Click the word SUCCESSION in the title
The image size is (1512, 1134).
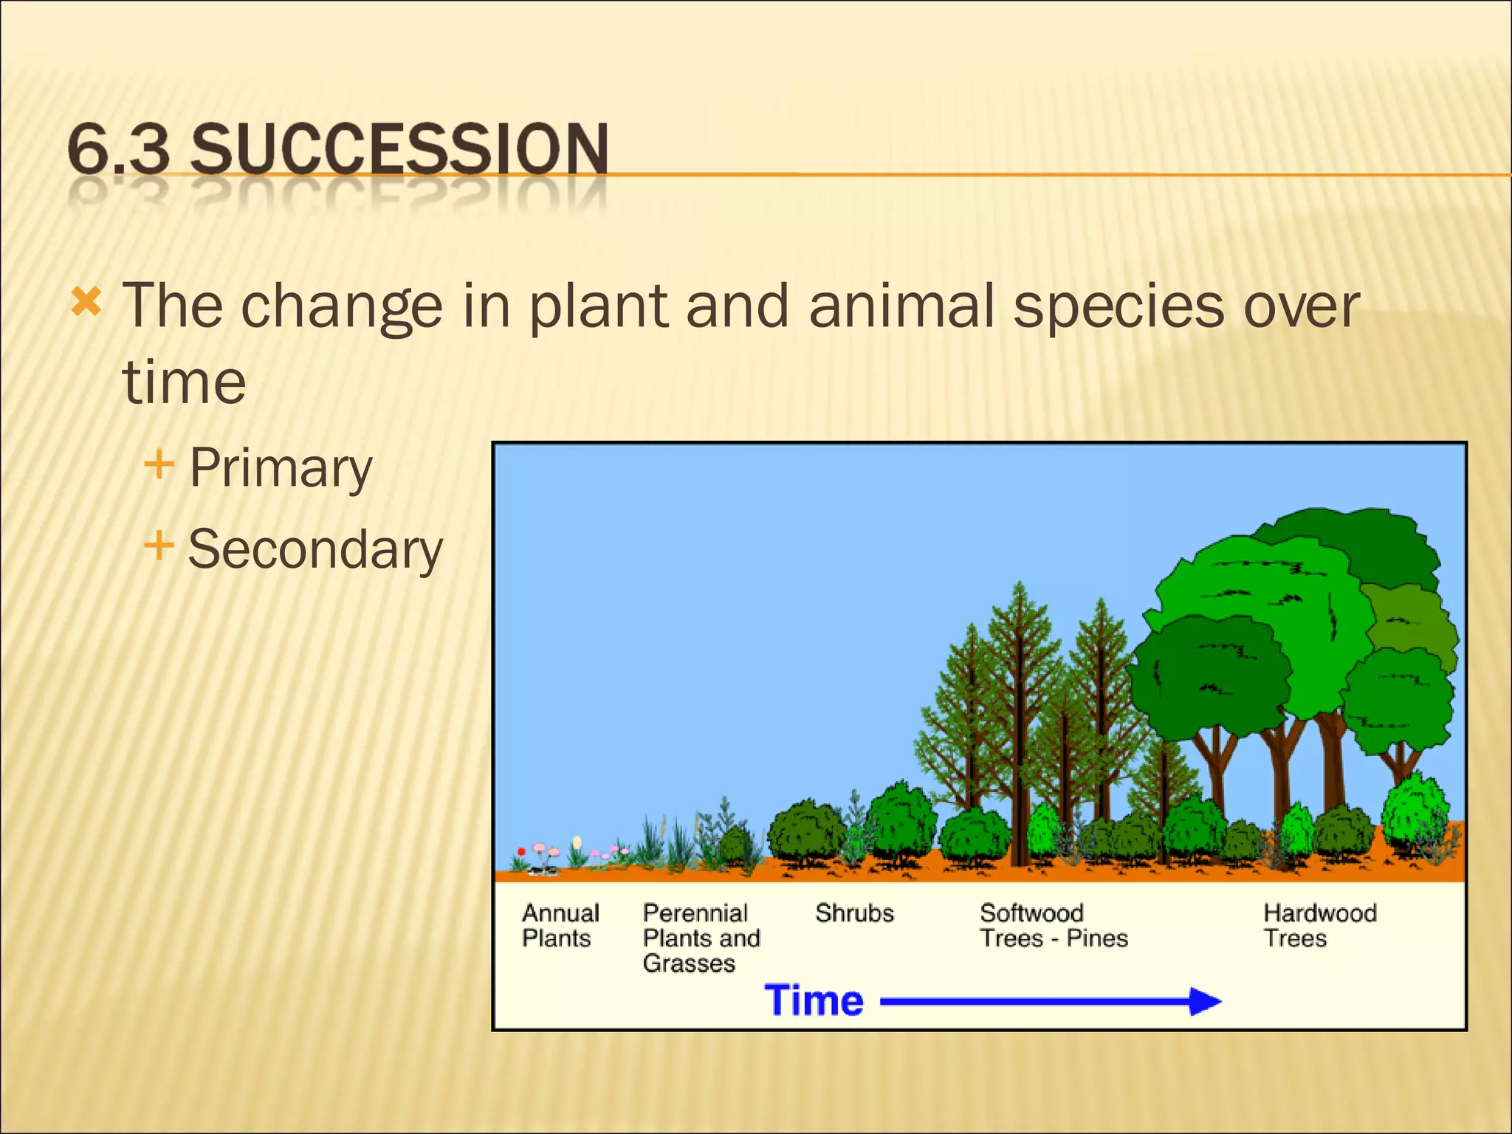399,150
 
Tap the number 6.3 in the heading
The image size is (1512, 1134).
118,150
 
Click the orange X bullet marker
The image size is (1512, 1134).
86,302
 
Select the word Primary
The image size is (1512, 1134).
281,468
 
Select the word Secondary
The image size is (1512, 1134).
315,550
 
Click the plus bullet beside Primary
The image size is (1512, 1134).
159,465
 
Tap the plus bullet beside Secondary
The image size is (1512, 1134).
159,547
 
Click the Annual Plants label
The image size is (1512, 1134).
560,925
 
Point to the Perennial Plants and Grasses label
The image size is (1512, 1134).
701,938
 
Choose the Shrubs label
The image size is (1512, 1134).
854,913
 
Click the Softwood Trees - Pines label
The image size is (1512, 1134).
1054,925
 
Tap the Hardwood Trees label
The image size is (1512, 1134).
1319,925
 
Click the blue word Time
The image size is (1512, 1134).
814,1001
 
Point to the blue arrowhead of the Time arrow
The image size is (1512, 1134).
1205,1002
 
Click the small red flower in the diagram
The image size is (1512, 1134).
521,852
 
